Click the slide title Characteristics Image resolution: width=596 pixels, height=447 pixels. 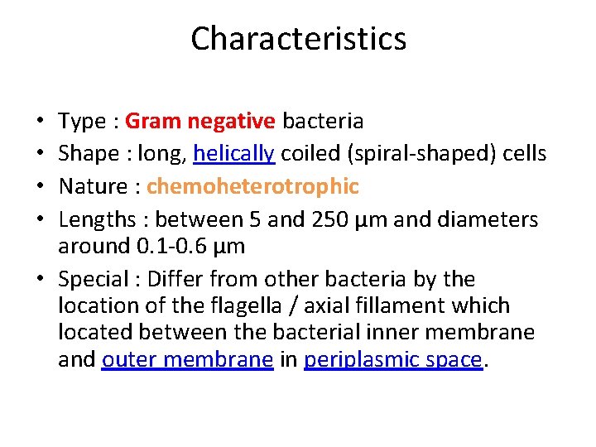click(298, 39)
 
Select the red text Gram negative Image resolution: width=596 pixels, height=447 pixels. click(200, 121)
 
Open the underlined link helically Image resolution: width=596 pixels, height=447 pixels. click(235, 154)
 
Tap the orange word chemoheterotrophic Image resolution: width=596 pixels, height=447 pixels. click(252, 186)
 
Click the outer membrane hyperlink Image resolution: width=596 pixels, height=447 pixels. click(187, 359)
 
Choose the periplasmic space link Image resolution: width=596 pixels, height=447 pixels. click(392, 359)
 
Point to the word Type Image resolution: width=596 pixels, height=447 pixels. click(82, 122)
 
